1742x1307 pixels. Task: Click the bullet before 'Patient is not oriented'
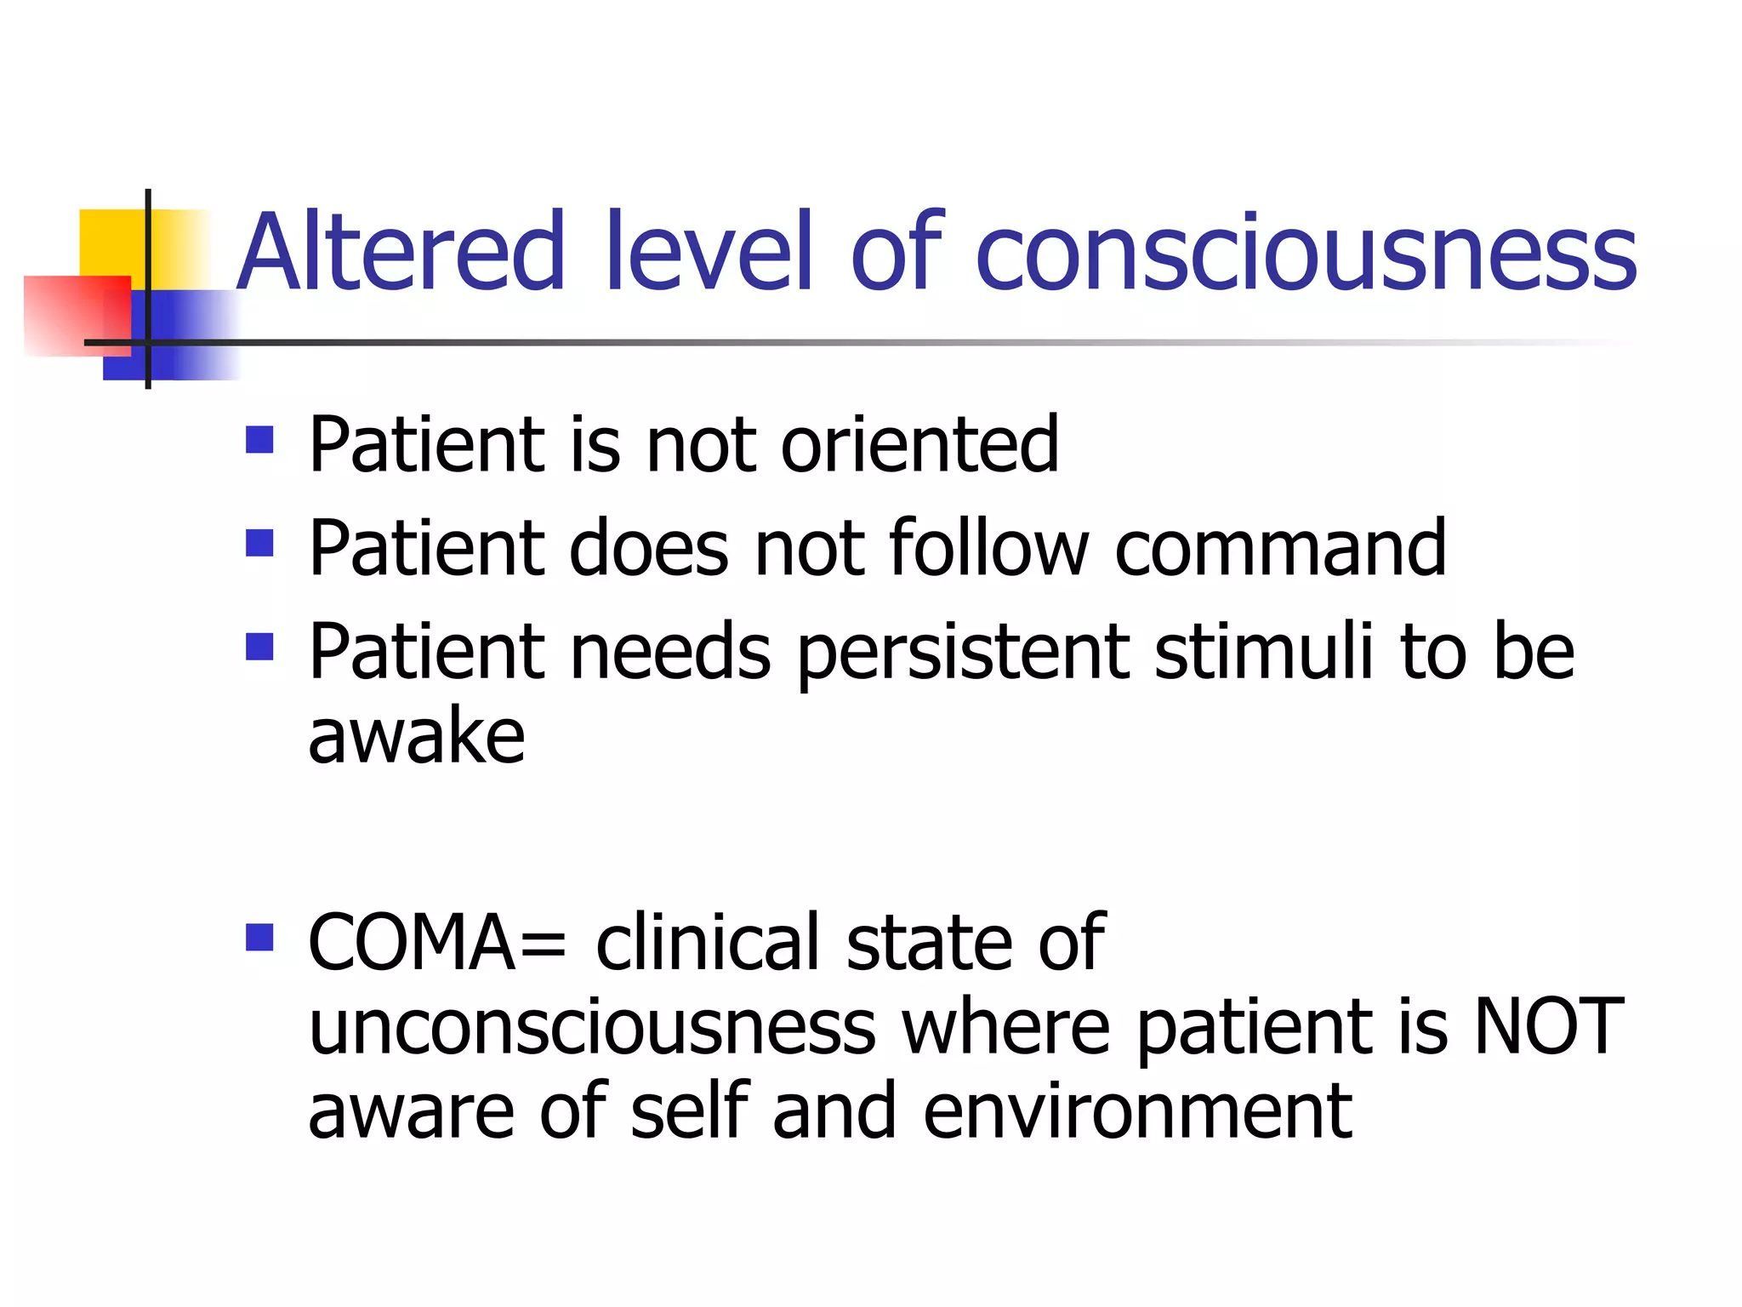pyautogui.click(x=259, y=440)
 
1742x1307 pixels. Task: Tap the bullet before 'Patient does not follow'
pyautogui.click(x=259, y=543)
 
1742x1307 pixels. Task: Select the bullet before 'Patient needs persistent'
pyautogui.click(x=259, y=647)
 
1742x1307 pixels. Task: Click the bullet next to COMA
pyautogui.click(x=259, y=938)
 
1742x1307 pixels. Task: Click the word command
pyautogui.click(x=1280, y=549)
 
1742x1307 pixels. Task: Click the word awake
pyautogui.click(x=416, y=736)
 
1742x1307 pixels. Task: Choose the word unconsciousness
pyautogui.click(x=592, y=1027)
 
